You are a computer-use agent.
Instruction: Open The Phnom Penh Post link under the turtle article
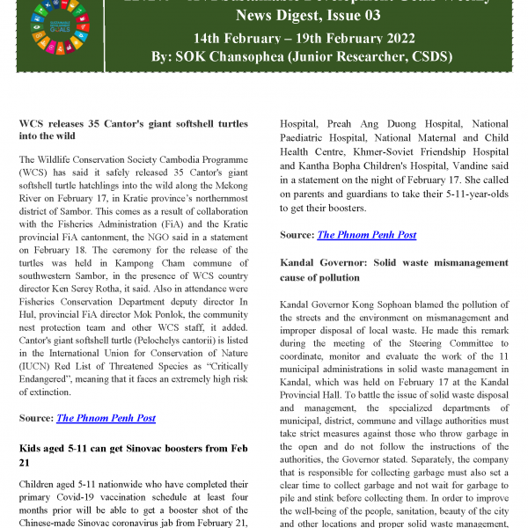click(106, 418)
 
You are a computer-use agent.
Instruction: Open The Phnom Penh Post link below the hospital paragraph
click(366, 235)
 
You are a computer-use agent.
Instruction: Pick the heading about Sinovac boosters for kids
click(132, 456)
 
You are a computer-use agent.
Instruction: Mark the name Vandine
click(462, 179)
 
